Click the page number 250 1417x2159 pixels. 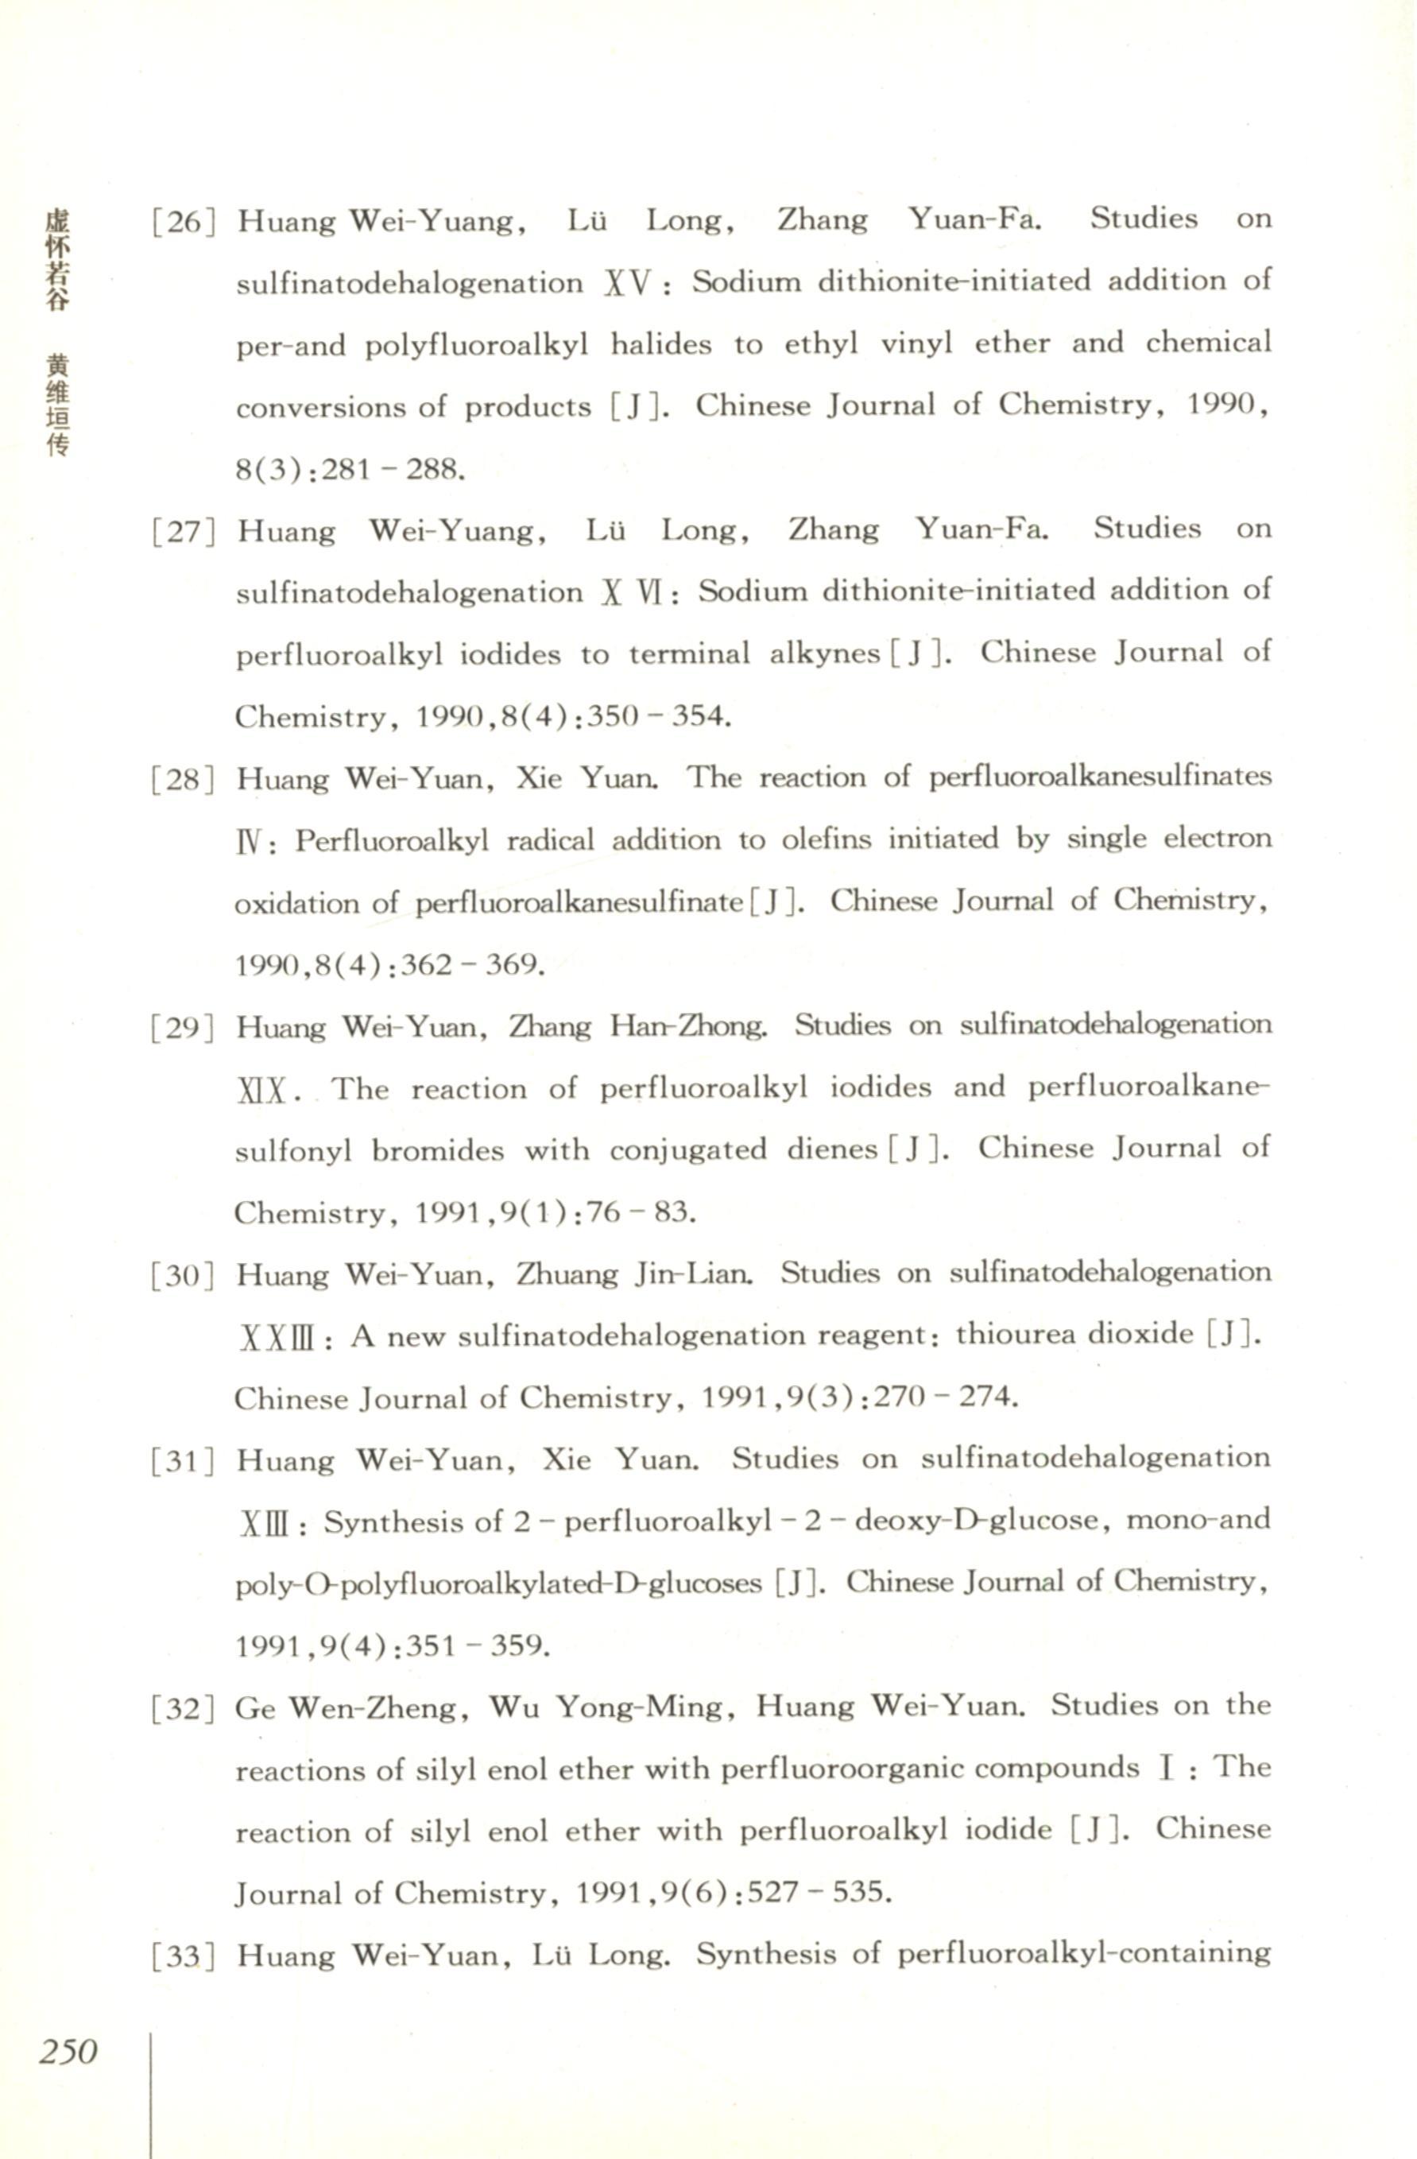(68, 2050)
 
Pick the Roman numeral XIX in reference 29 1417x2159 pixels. (262, 1092)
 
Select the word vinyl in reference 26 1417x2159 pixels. (916, 345)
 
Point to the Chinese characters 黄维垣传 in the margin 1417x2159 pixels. (57, 405)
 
